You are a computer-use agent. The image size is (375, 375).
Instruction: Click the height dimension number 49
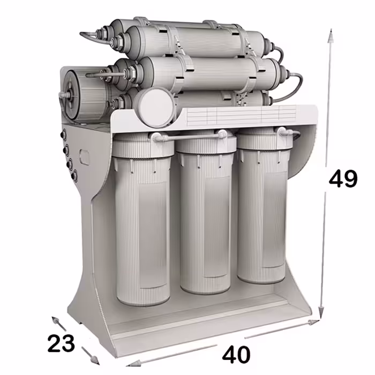point(343,178)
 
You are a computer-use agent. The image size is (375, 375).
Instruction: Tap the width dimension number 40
point(236,354)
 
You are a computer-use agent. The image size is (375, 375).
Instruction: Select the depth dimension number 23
point(61,343)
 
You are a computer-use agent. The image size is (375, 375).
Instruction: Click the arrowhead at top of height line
point(331,36)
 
